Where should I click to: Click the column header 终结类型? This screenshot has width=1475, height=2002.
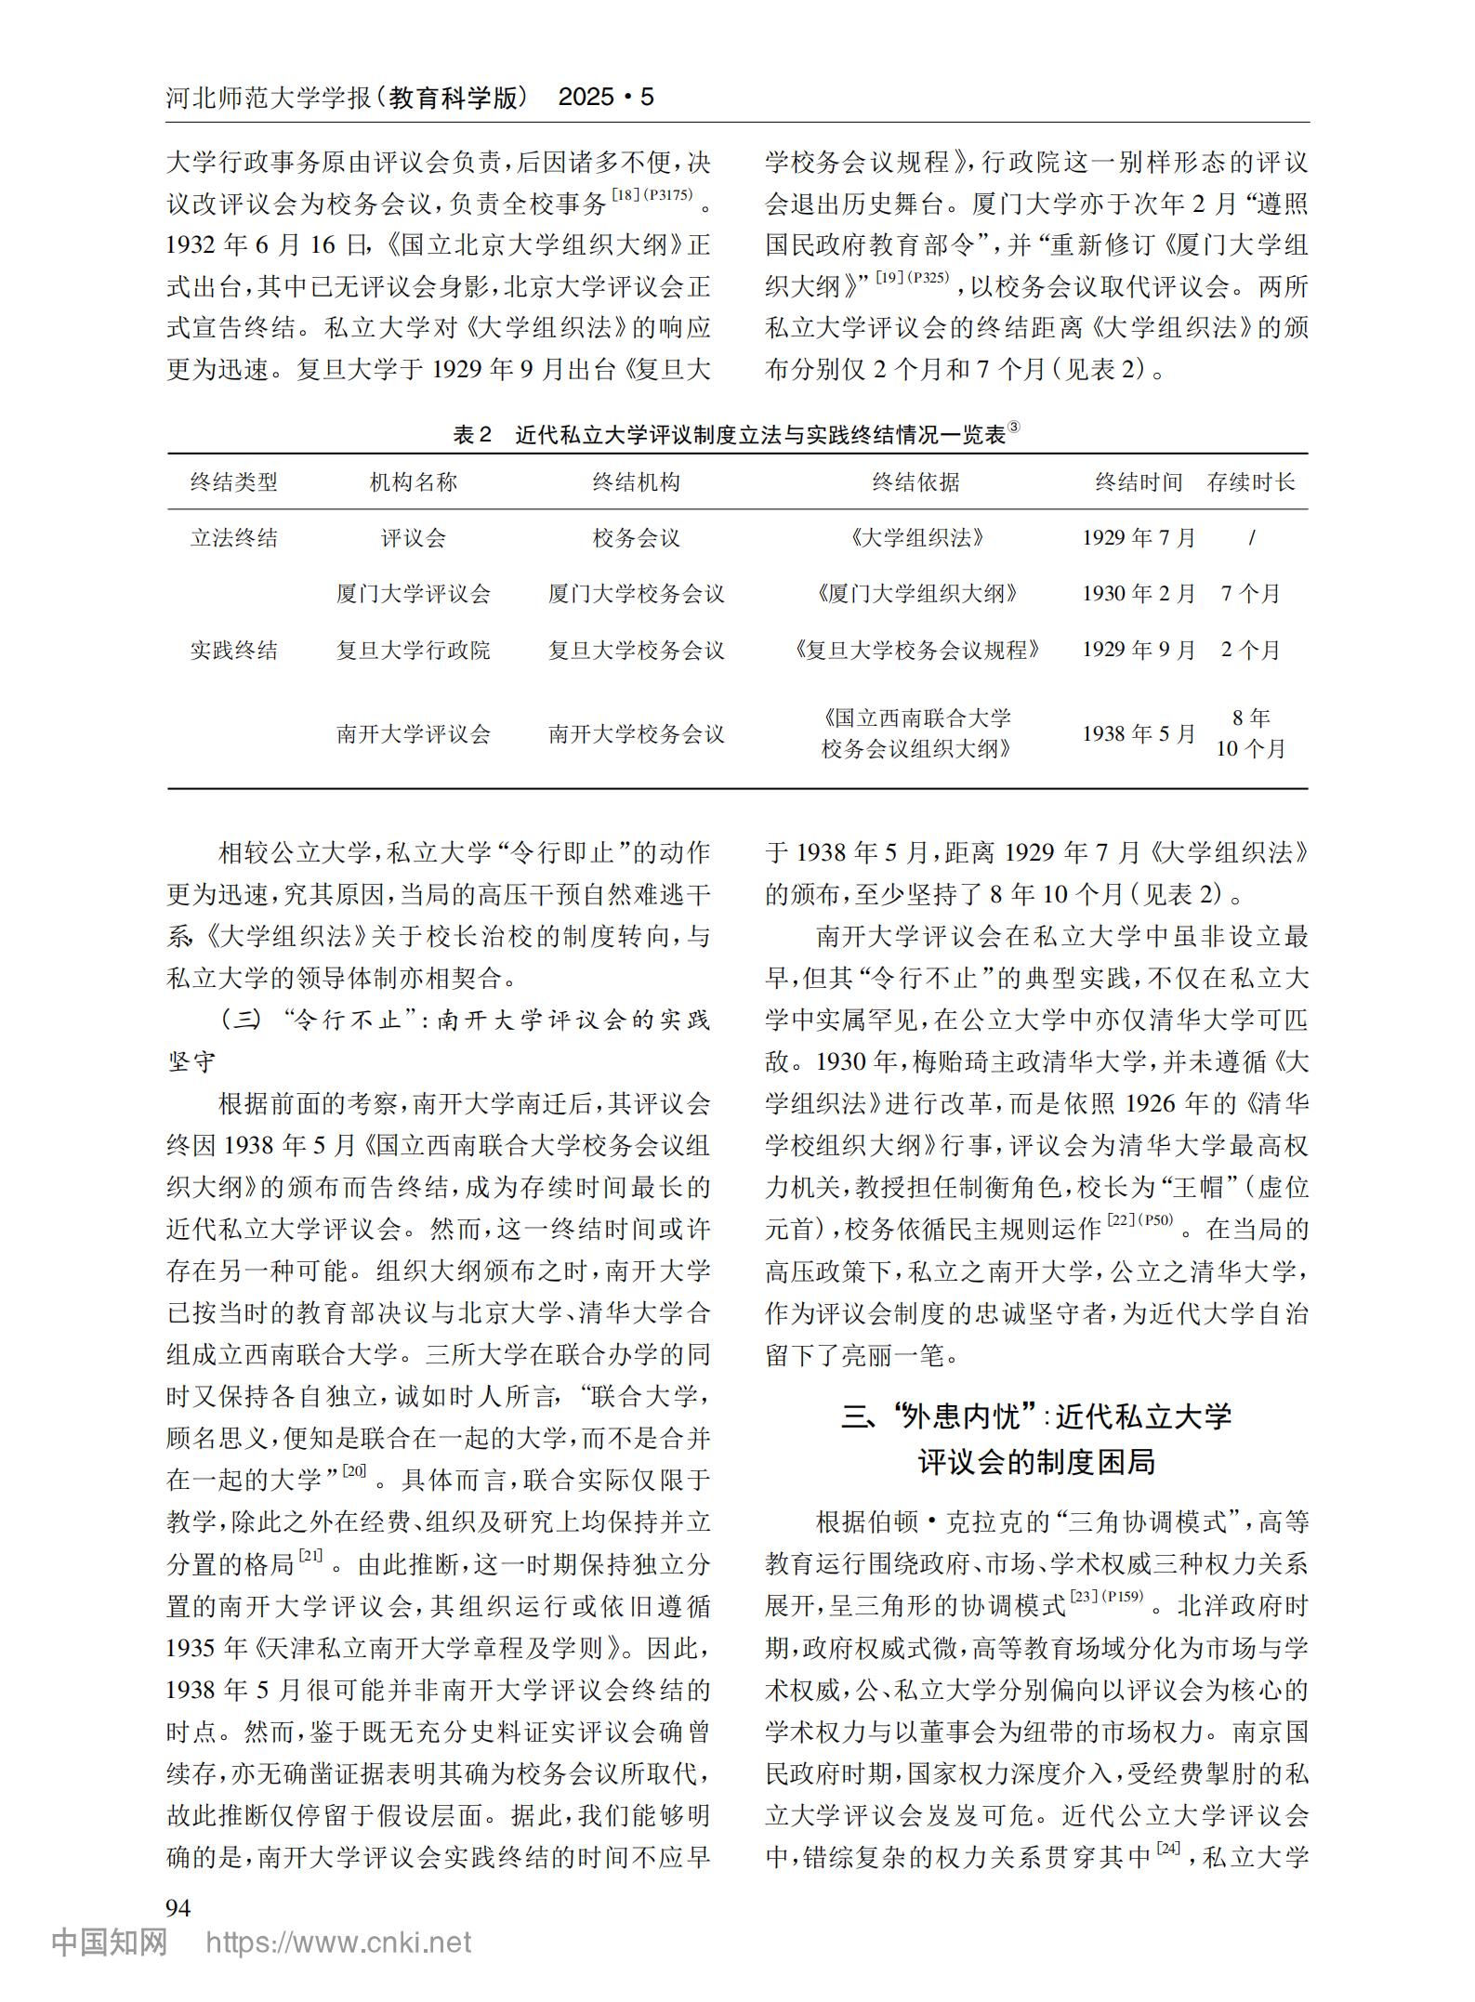tap(234, 482)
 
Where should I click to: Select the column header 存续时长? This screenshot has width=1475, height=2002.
tap(1250, 482)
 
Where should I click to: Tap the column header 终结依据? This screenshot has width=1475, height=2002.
tap(915, 482)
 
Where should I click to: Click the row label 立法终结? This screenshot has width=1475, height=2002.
tap(234, 538)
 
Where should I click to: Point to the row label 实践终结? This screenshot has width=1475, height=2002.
tap(234, 650)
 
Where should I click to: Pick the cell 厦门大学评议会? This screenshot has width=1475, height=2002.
tap(414, 594)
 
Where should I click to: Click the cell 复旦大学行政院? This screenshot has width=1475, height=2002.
tap(414, 650)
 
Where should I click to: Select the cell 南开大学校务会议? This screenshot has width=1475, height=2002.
tap(636, 733)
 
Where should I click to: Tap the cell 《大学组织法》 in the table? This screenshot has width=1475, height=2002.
tap(915, 538)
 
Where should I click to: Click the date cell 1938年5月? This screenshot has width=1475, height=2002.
tap(1139, 733)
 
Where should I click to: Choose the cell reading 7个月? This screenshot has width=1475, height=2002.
tap(1250, 594)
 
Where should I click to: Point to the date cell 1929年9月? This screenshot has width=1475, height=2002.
tap(1139, 650)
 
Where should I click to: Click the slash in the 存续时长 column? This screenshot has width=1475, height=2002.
tap(1252, 538)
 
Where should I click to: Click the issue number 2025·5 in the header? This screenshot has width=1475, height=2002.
tap(606, 98)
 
